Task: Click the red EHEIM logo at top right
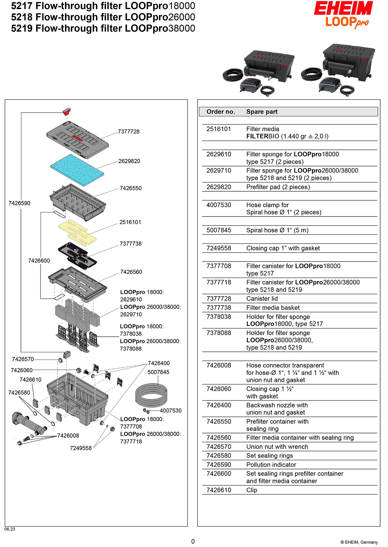[x=343, y=8]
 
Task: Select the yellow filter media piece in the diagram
[x=77, y=232]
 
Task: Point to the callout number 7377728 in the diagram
[x=129, y=131]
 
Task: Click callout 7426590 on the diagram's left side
[x=19, y=203]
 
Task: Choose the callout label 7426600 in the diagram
[x=39, y=261]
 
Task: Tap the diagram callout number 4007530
[x=171, y=410]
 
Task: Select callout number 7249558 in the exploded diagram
[x=81, y=448]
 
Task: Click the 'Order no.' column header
[x=221, y=112]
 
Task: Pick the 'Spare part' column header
[x=262, y=112]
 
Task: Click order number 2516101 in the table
[x=219, y=129]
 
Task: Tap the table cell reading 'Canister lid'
[x=262, y=298]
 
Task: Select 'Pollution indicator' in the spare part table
[x=271, y=464]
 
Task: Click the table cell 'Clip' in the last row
[x=252, y=490]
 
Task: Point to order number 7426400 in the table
[x=219, y=405]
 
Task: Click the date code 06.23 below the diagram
[x=10, y=529]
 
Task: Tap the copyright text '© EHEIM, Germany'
[x=359, y=542]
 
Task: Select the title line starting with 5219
[x=103, y=28]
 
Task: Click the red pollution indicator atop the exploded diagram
[x=67, y=112]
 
